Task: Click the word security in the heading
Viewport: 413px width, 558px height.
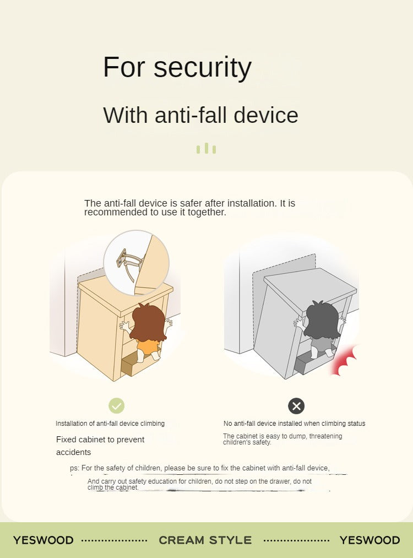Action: click(x=203, y=68)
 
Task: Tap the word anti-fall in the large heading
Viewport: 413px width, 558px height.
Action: click(x=191, y=115)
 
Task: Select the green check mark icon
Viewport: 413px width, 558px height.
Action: click(x=116, y=405)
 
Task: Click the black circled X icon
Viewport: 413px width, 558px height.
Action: click(x=296, y=406)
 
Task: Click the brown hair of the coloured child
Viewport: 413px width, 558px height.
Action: click(x=148, y=322)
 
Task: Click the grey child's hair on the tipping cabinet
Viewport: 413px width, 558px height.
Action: click(x=322, y=320)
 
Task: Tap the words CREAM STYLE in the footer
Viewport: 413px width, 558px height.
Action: click(x=205, y=540)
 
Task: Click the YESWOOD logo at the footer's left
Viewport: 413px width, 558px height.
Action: click(x=44, y=540)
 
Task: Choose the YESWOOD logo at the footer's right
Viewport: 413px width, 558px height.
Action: click(x=370, y=540)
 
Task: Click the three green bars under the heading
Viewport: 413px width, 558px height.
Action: click(x=206, y=148)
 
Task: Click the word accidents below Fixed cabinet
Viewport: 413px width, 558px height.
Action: click(x=74, y=452)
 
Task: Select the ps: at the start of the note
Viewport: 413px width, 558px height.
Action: click(x=74, y=468)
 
